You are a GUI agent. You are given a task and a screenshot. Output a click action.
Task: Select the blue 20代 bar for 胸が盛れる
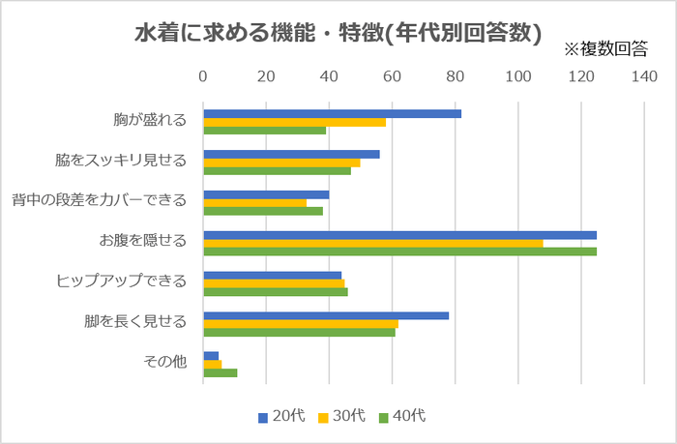332,114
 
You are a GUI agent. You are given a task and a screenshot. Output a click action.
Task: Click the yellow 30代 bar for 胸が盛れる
294,122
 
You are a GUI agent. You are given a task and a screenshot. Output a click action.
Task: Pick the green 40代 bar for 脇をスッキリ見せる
277,170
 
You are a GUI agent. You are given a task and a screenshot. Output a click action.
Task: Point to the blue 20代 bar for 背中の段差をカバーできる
266,194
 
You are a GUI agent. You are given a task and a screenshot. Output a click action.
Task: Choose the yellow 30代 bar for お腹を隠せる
372,243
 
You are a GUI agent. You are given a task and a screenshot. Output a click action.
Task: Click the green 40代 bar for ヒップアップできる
275,291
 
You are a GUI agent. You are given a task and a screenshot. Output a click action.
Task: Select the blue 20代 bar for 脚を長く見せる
326,315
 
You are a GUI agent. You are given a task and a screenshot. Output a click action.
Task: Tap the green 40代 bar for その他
220,372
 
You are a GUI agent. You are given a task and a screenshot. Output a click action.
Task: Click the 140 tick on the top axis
643,76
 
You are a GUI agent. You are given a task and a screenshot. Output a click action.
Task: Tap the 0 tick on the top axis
203,76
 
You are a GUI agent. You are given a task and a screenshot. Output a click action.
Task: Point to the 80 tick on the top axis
455,76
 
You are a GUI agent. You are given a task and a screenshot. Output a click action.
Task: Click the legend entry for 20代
281,416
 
